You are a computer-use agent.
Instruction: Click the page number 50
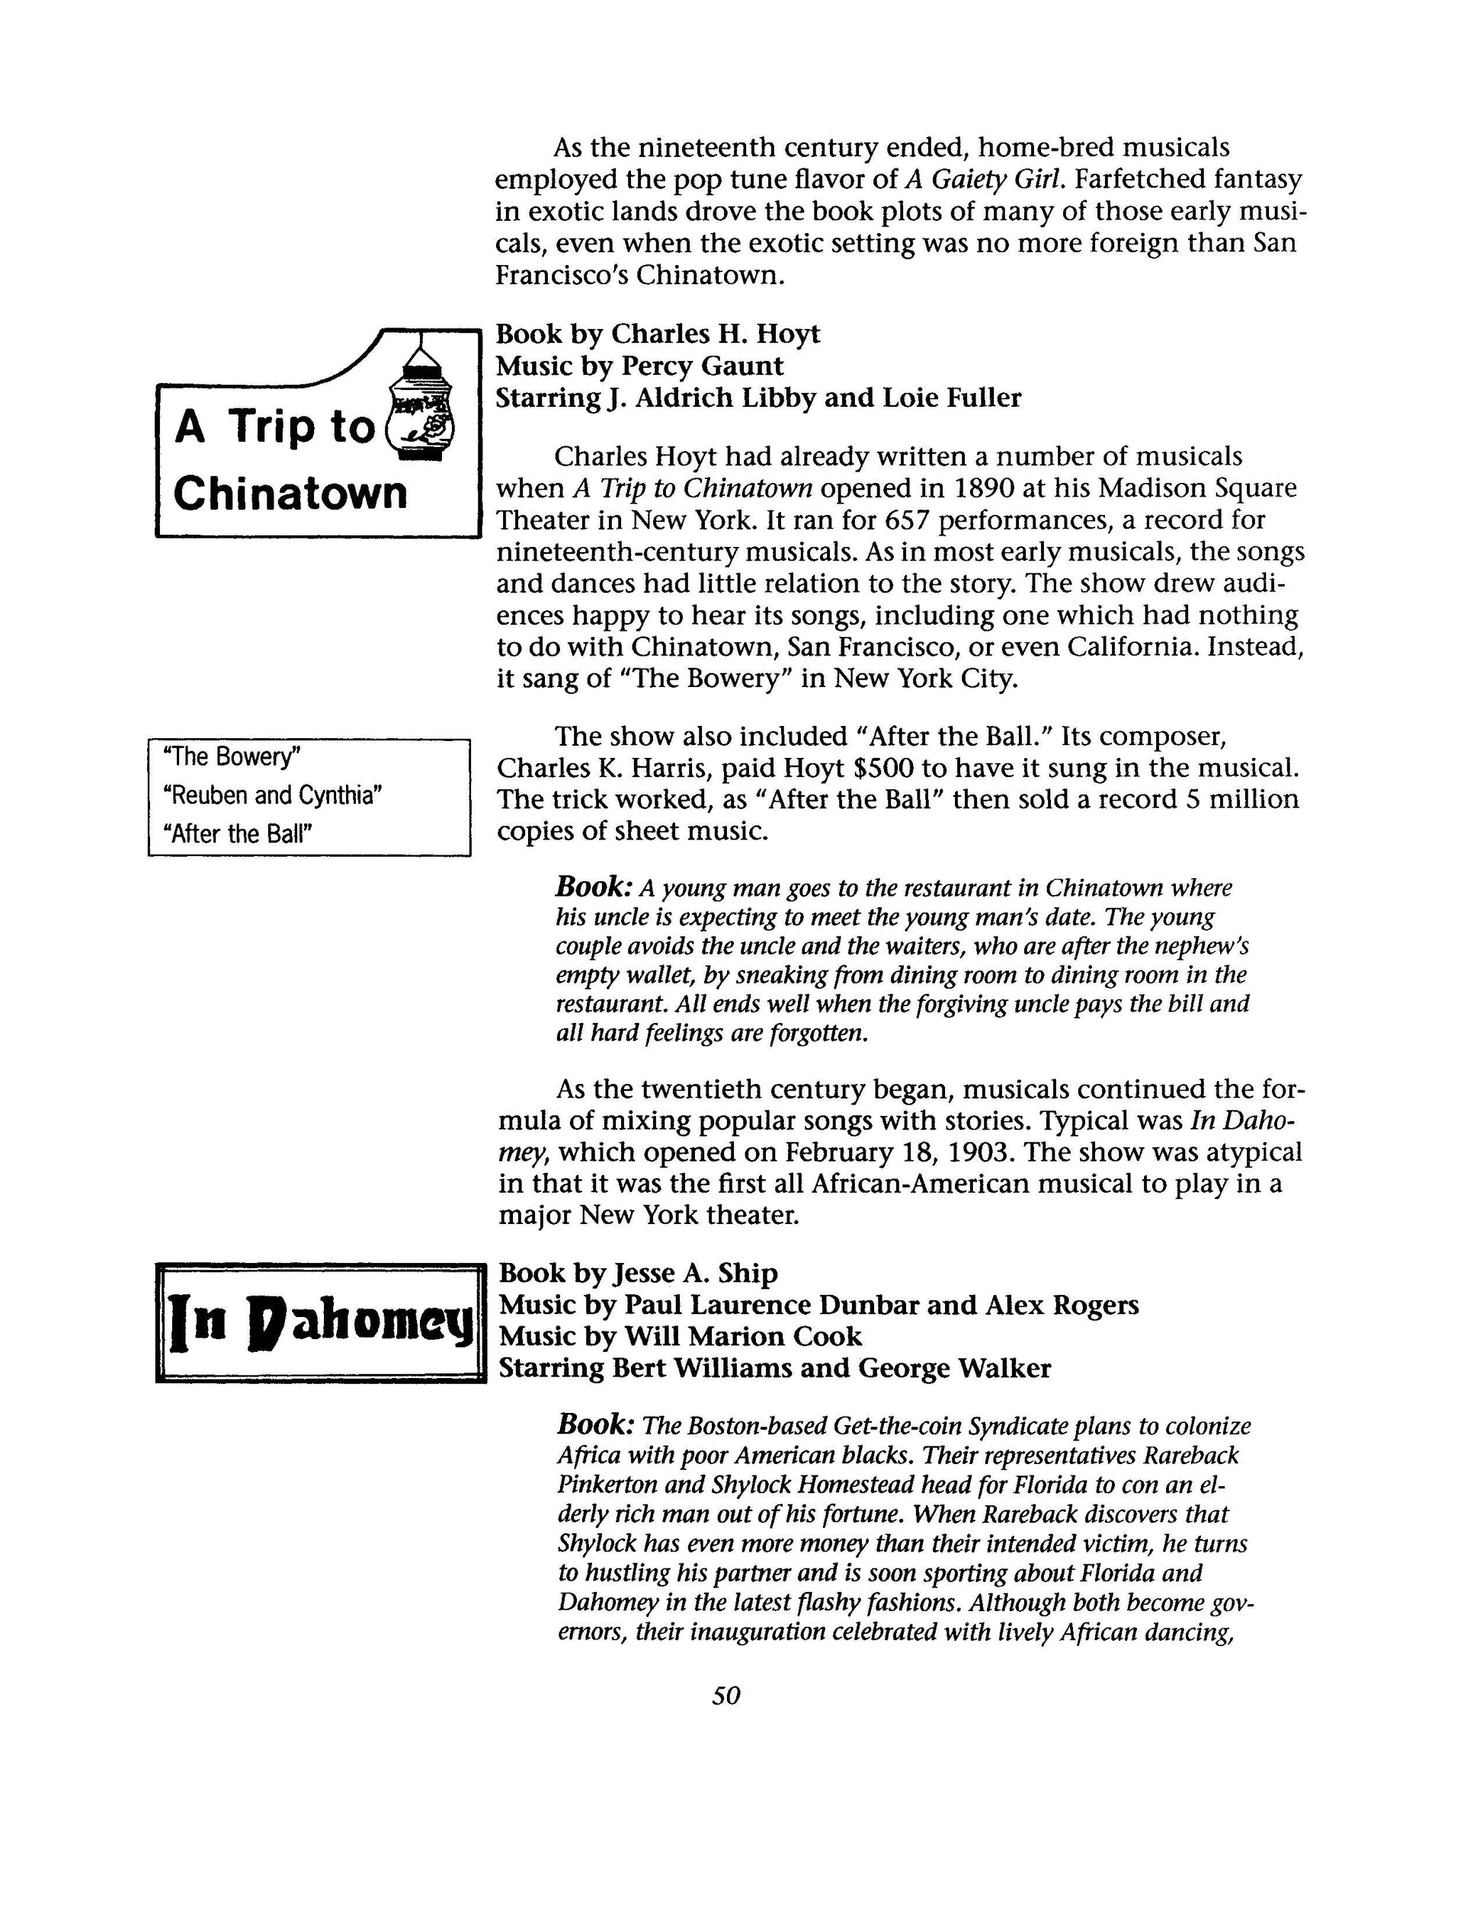tap(725, 1696)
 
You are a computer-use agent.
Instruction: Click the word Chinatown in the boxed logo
tap(291, 493)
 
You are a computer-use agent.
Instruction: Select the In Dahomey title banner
tap(321, 1322)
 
